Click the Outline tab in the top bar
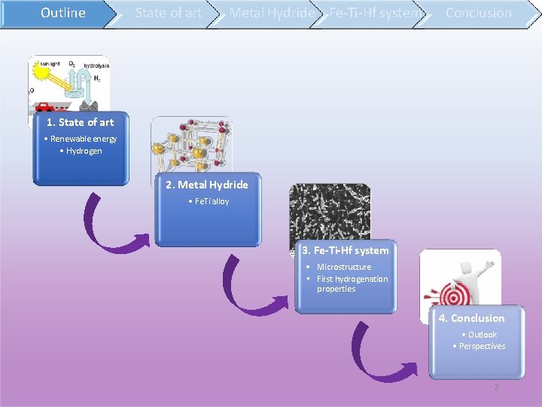62,13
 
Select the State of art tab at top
168,13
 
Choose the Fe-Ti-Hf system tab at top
373,13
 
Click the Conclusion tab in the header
478,13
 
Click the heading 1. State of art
81,122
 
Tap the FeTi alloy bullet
210,201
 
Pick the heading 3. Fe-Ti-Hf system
346,250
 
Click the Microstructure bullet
343,267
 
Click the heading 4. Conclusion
472,318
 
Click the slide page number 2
495,387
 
